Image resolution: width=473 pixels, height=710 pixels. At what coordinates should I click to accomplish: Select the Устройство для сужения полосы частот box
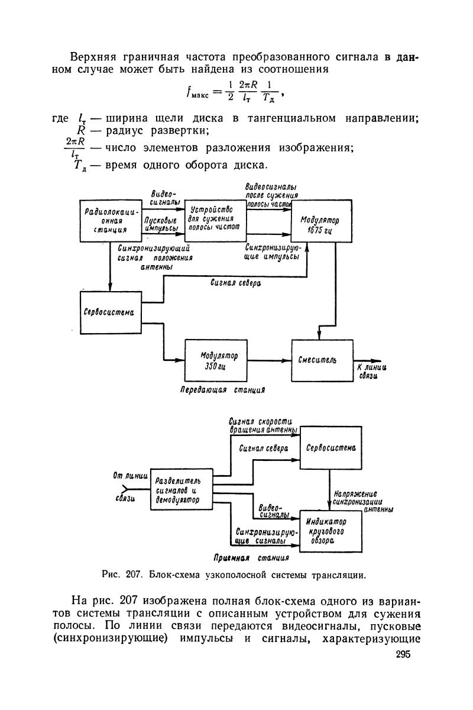pyautogui.click(x=215, y=218)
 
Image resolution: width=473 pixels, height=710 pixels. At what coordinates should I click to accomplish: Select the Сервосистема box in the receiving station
pyautogui.click(x=331, y=448)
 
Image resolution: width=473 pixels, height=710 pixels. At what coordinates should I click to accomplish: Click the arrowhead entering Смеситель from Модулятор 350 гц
pyautogui.click(x=288, y=359)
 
